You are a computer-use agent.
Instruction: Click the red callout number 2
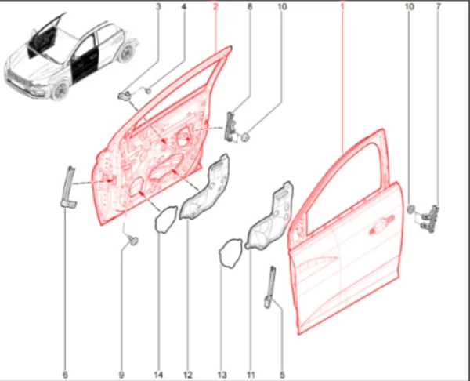[x=215, y=6]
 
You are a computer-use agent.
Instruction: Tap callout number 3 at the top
[x=158, y=6]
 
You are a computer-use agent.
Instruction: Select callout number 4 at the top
[x=184, y=6]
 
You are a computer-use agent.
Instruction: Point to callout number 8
[x=250, y=6]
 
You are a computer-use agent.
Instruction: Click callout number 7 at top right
[x=438, y=6]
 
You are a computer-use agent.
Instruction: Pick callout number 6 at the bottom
[x=65, y=375]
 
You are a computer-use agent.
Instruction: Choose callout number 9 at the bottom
[x=121, y=375]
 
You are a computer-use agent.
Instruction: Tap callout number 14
[x=158, y=375]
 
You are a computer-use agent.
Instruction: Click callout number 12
[x=187, y=375]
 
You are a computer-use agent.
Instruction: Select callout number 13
[x=222, y=375]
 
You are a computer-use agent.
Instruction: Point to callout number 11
[x=251, y=375]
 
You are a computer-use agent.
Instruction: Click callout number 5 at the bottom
[x=282, y=375]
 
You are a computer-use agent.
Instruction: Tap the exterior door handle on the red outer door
[x=381, y=224]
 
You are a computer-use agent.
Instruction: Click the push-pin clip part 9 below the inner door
[x=133, y=240]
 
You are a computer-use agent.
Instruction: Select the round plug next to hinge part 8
[x=245, y=137]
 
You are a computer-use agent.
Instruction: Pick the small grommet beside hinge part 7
[x=411, y=209]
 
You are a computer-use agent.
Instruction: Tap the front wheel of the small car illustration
[x=60, y=89]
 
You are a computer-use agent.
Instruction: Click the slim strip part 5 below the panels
[x=270, y=287]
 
